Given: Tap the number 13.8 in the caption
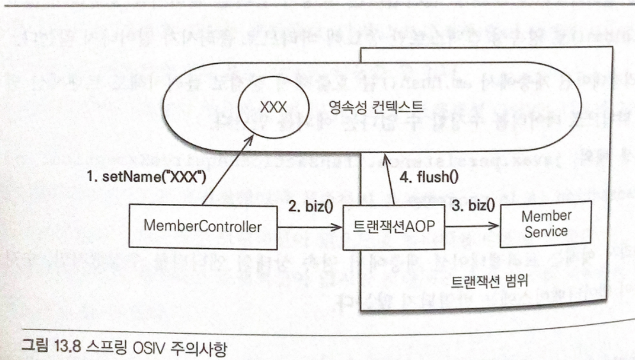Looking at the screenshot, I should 59,345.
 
